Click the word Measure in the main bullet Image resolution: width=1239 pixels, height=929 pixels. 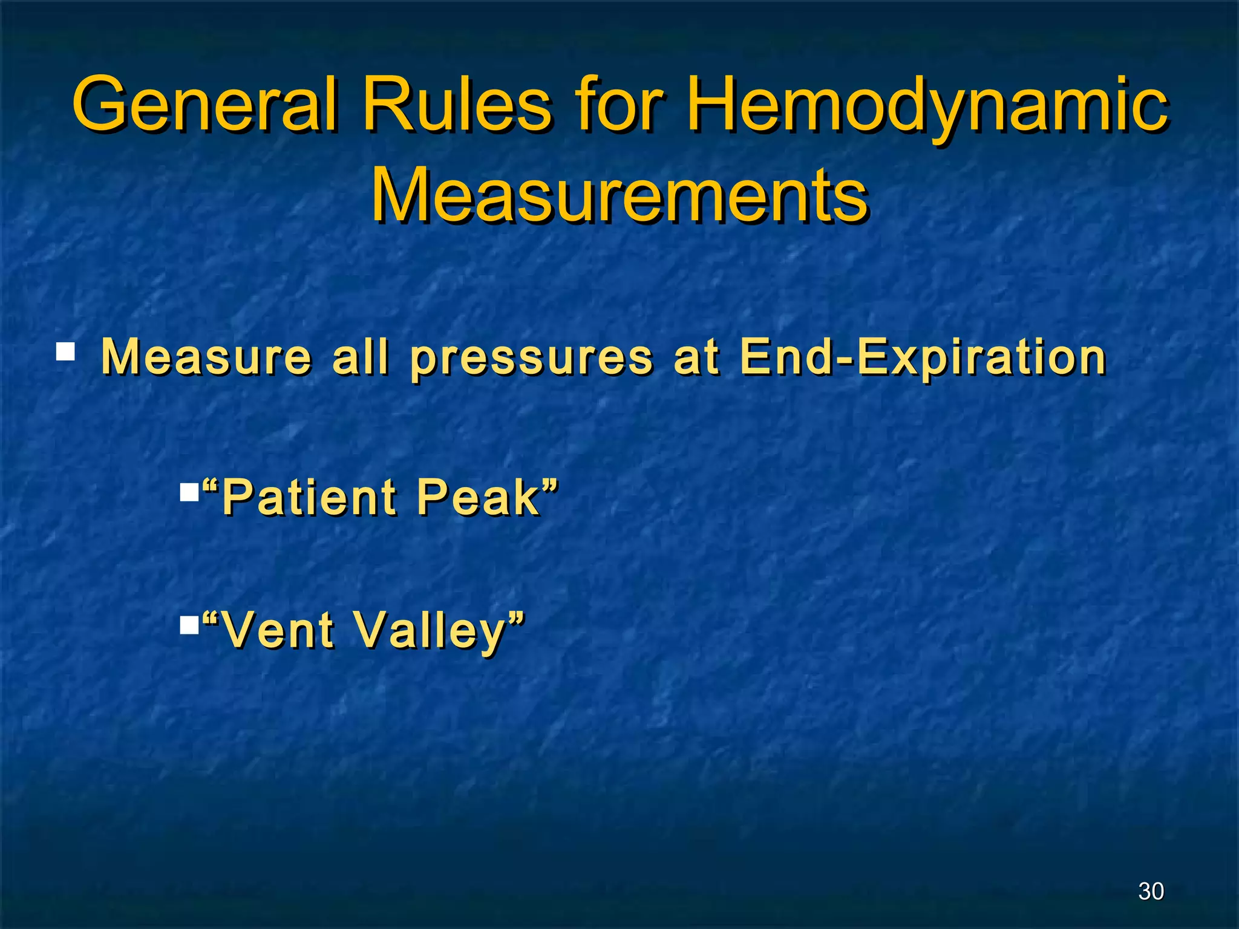(x=206, y=357)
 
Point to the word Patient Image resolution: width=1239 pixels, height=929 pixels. (x=309, y=497)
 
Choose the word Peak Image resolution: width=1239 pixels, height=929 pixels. (x=478, y=497)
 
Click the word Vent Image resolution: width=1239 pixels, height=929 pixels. (x=279, y=630)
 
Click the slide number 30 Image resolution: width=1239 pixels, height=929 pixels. (x=1151, y=891)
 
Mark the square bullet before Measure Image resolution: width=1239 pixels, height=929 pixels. (x=65, y=351)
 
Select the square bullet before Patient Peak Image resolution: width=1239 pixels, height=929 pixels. (x=189, y=492)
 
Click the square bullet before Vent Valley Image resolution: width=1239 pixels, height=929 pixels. (x=189, y=625)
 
